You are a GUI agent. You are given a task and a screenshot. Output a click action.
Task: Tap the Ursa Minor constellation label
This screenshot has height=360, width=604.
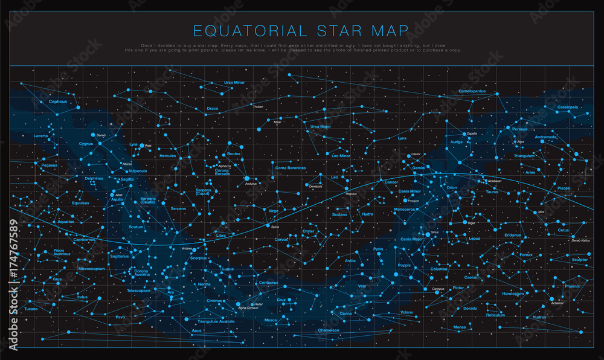[x=234, y=82]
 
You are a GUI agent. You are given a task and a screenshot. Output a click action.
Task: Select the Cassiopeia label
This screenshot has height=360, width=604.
[x=568, y=107]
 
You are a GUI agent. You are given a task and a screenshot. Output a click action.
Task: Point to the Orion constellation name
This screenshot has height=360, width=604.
[x=452, y=188]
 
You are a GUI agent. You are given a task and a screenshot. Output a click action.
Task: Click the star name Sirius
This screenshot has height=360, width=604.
[x=434, y=232]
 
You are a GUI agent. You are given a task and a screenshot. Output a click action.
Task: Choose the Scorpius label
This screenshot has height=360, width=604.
[x=199, y=258]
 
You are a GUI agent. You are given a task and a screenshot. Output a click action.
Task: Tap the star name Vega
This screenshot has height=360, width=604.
[x=148, y=146]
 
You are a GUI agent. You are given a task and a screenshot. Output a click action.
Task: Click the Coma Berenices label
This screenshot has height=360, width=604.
[x=291, y=168]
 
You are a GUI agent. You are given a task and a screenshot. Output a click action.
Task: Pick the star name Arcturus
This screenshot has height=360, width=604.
[x=252, y=184]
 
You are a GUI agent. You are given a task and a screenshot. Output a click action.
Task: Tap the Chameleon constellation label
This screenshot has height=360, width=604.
[x=329, y=330]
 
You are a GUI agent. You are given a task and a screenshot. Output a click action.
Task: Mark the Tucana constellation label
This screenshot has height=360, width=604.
[x=31, y=309]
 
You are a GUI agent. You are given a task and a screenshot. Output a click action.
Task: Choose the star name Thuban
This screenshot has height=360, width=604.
[x=258, y=107]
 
